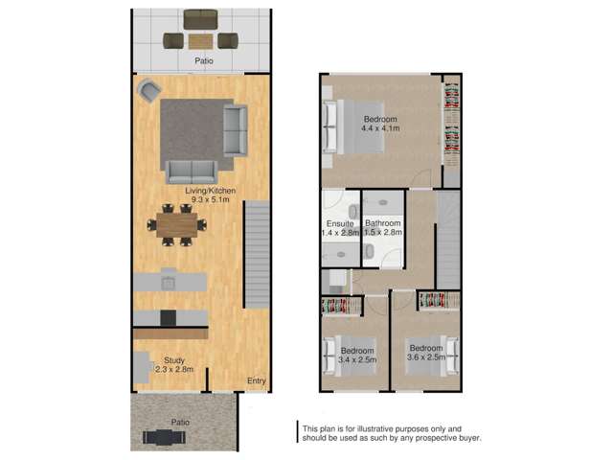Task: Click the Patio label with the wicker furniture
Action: (x=201, y=61)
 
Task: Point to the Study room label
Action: (x=174, y=359)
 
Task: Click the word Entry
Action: (x=256, y=381)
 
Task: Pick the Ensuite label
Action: (x=339, y=224)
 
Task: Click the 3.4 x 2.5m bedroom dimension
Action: (x=357, y=360)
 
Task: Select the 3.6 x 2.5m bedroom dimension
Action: (x=425, y=358)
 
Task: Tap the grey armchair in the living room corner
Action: (x=149, y=91)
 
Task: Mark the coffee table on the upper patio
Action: (x=201, y=40)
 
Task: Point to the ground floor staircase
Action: (x=257, y=254)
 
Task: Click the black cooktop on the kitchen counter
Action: (x=170, y=318)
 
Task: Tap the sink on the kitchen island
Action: (x=169, y=282)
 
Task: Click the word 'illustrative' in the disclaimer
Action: (x=376, y=428)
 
